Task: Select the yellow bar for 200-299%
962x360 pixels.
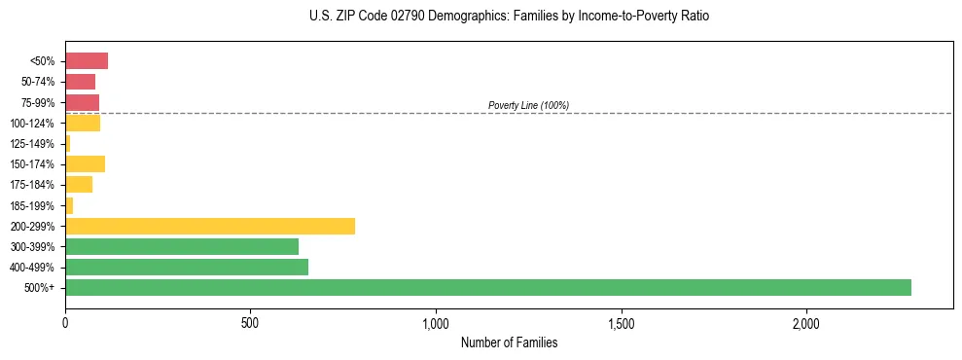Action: click(210, 226)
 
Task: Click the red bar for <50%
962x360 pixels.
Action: click(87, 61)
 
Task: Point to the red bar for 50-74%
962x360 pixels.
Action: click(81, 82)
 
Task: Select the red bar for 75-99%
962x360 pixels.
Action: click(83, 102)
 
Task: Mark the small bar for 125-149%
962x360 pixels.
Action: click(68, 143)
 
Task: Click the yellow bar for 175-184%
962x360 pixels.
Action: click(79, 184)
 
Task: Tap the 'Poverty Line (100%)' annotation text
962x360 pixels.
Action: click(528, 105)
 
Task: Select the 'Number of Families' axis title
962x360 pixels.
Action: click(509, 342)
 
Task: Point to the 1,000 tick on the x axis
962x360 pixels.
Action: click(436, 322)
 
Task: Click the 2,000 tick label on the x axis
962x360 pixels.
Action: click(806, 322)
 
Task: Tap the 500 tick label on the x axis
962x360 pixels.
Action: click(250, 322)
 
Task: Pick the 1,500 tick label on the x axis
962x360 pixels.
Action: click(622, 322)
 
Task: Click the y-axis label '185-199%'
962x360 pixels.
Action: click(32, 205)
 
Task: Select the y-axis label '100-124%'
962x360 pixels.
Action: click(32, 124)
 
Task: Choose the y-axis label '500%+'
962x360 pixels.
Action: click(39, 288)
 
